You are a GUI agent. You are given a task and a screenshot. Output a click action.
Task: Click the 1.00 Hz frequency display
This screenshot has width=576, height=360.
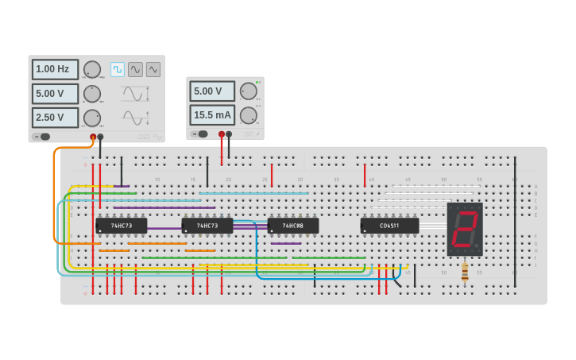tap(55, 69)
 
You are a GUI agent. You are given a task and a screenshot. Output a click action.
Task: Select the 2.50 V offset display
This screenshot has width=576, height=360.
tap(55, 118)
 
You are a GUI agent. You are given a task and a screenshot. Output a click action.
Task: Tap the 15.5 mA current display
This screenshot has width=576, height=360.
tap(212, 115)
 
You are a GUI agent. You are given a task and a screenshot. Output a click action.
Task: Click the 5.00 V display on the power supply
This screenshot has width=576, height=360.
tap(212, 91)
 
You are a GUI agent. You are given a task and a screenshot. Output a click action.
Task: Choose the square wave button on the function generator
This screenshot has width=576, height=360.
tap(118, 69)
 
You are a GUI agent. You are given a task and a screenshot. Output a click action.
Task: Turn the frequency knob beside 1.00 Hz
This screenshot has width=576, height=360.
tap(92, 69)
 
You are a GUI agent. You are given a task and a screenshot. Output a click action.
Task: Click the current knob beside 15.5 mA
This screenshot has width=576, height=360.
tap(249, 115)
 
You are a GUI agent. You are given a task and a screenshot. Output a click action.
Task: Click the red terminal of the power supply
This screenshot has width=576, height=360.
tap(222, 134)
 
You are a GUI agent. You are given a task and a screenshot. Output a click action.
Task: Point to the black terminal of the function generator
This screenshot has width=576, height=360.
tap(100, 137)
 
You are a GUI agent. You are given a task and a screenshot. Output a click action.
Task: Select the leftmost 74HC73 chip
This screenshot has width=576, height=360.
tap(121, 226)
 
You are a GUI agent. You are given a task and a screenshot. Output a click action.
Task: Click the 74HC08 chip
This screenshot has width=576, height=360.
tap(292, 226)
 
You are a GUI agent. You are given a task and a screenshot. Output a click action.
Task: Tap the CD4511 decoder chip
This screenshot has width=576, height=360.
tap(389, 226)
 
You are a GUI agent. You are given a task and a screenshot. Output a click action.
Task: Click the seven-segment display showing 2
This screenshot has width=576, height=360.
tap(465, 229)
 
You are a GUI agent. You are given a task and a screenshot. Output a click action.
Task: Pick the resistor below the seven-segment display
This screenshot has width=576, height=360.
tap(465, 273)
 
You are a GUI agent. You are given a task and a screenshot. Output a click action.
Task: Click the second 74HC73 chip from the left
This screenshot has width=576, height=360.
tap(207, 226)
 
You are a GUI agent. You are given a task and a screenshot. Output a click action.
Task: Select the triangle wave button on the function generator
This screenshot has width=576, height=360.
tap(153, 69)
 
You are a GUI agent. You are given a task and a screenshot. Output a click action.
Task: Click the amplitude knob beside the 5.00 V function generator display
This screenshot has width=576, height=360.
tap(92, 94)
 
